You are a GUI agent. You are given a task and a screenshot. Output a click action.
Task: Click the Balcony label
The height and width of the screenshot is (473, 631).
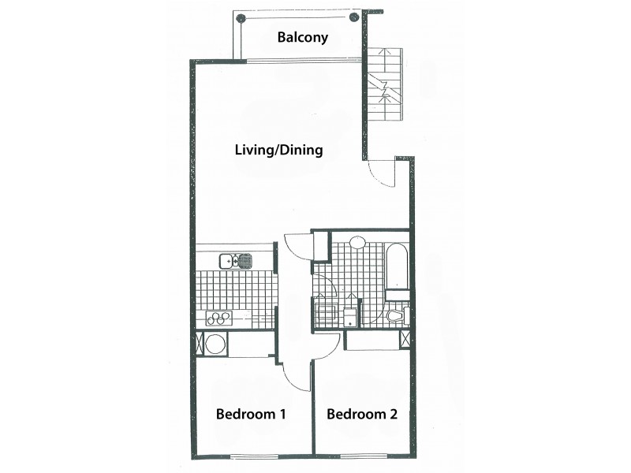coord(303,37)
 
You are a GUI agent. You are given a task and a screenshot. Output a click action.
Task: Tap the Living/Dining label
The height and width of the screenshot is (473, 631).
coord(279,150)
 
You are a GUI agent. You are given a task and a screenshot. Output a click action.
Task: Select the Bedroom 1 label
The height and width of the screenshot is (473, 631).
coord(251,414)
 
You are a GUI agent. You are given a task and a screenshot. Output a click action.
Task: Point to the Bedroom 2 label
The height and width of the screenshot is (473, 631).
coord(361,414)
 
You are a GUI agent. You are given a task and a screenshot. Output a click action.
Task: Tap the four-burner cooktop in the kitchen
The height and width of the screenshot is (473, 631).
coord(218,318)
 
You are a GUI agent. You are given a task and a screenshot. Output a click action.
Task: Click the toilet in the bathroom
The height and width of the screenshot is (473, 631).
coord(395,317)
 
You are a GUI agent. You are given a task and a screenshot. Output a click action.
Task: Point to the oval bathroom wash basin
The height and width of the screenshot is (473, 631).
coord(357,243)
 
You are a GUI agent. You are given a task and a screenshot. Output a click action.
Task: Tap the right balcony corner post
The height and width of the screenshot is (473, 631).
coord(353,17)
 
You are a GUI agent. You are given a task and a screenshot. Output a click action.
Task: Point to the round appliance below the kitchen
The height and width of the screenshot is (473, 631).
coord(215,344)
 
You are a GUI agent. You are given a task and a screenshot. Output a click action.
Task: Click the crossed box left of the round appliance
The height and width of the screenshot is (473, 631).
coord(198,344)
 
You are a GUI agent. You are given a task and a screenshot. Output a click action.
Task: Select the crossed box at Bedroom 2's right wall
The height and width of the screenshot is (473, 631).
coord(405,340)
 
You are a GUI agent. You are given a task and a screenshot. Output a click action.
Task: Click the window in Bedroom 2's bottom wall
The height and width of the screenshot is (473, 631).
coord(362,456)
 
